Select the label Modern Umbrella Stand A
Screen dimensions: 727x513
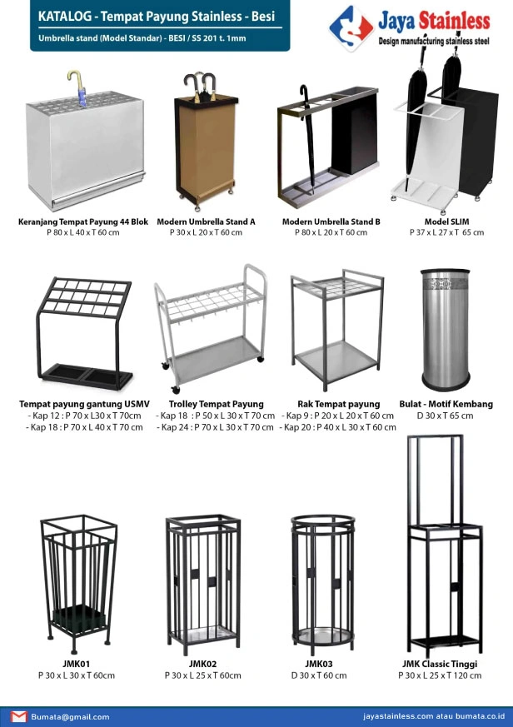[206, 222]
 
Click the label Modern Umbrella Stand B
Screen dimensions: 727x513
[331, 222]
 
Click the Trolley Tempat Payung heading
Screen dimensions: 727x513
[216, 404]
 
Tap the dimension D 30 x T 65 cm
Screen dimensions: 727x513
[446, 415]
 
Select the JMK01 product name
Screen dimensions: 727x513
[76, 664]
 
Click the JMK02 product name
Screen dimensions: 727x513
[202, 664]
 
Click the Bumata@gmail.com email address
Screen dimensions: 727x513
[71, 716]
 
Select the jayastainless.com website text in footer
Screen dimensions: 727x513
[398, 716]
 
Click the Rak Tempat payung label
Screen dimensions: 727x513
[338, 404]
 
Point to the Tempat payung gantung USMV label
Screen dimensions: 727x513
[84, 404]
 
